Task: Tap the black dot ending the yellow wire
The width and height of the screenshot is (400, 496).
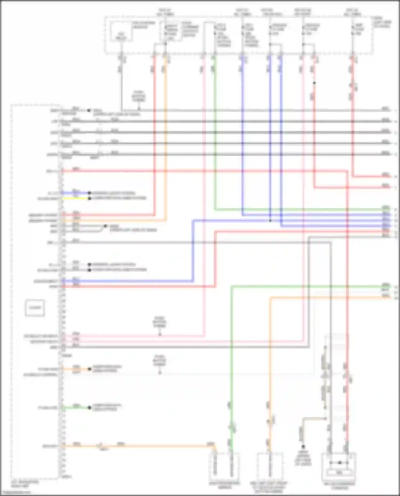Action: pyautogui.click(x=90, y=199)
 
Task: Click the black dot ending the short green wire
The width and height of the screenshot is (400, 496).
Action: pyautogui.click(x=90, y=408)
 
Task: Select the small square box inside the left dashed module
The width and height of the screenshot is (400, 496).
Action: pyautogui.click(x=35, y=308)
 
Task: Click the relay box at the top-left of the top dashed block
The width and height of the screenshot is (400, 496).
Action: pyautogui.click(x=122, y=32)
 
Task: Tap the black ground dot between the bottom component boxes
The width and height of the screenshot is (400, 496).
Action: pyautogui.click(x=303, y=446)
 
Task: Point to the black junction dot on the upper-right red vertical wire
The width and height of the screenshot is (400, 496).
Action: pyautogui.click(x=314, y=83)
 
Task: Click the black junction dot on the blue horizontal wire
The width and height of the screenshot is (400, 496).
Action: pyautogui.click(x=270, y=221)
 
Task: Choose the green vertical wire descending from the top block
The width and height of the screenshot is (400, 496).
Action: pyautogui.click(x=215, y=133)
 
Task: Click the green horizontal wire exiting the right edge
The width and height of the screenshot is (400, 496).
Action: pyautogui.click(x=307, y=287)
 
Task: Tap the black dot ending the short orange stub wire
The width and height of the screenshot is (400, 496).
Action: pyautogui.click(x=90, y=369)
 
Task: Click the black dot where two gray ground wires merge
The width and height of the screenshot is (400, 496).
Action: pyautogui.click(x=105, y=226)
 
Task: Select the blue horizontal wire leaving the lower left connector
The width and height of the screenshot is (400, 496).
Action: pyautogui.click(x=128, y=281)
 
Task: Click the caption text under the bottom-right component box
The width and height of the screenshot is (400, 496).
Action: pyautogui.click(x=339, y=486)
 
